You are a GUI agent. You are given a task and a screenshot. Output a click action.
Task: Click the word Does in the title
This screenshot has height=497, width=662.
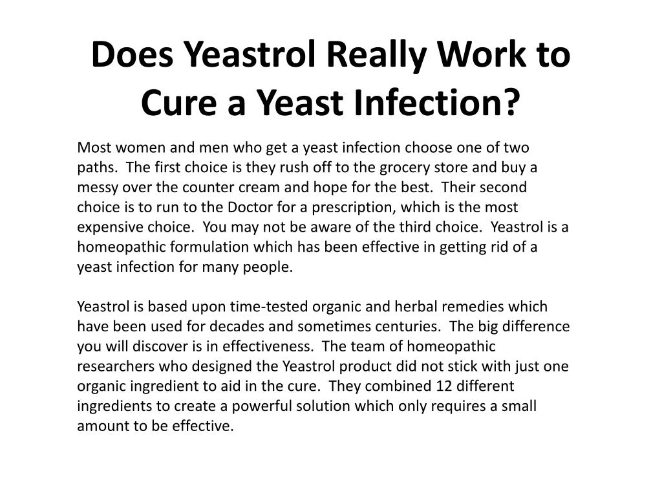(x=132, y=54)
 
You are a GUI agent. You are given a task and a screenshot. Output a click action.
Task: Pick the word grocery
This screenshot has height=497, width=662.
(x=405, y=168)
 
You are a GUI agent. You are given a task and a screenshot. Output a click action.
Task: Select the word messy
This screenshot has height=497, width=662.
(x=98, y=188)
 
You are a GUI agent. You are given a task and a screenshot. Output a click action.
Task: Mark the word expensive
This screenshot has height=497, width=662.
(x=110, y=227)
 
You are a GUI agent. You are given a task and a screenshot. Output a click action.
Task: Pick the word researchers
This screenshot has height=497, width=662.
(x=116, y=366)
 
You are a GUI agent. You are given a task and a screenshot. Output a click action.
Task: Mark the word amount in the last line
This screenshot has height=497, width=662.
(x=103, y=426)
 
